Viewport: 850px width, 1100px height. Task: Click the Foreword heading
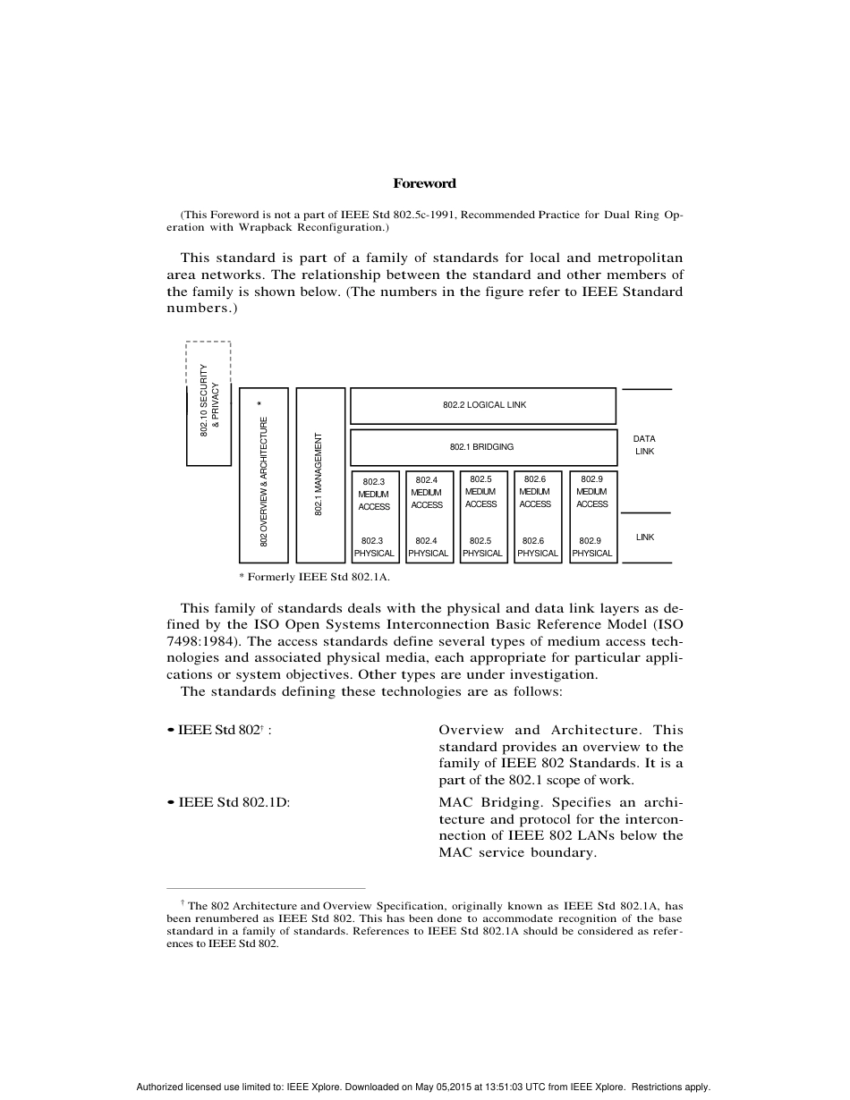[424, 183]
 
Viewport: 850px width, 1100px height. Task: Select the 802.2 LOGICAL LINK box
[483, 405]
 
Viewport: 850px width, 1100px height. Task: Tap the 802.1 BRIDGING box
[483, 446]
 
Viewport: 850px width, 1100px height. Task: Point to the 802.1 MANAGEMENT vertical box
[319, 475]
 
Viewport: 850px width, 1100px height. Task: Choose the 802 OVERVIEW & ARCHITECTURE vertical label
[264, 481]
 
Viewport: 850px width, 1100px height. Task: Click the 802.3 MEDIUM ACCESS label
[374, 495]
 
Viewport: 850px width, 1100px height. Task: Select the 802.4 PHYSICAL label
[428, 547]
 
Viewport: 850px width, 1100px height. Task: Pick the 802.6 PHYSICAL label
[537, 547]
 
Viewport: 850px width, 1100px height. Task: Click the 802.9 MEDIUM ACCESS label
[591, 492]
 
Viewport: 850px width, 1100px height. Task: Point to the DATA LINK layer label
[644, 445]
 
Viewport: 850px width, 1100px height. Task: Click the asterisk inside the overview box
[259, 405]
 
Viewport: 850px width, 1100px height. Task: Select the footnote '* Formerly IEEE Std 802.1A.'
[314, 578]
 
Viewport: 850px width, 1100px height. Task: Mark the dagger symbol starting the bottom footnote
[183, 904]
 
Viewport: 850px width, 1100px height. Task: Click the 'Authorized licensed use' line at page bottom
[423, 1087]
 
